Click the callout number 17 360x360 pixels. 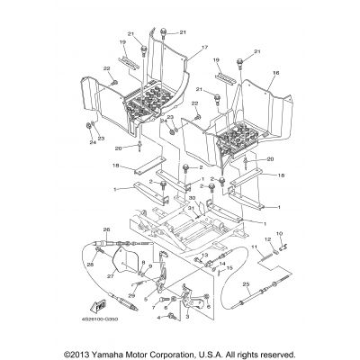205,48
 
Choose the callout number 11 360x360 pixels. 254,246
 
